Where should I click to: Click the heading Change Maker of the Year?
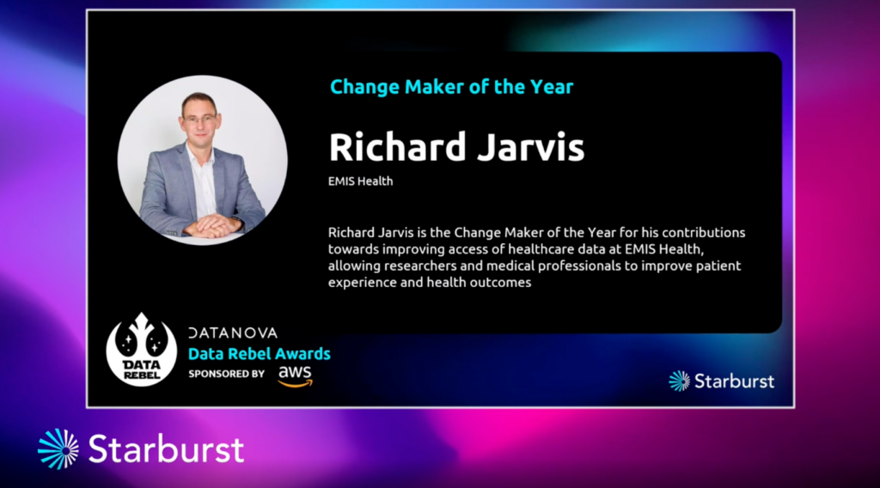pos(452,87)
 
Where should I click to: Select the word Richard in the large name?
pos(397,147)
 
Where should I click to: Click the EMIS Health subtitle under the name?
pos(360,181)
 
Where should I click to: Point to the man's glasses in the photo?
pos(199,119)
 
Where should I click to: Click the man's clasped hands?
pos(211,225)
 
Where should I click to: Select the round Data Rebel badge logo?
pos(142,350)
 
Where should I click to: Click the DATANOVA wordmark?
pos(233,333)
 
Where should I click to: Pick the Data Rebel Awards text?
pos(260,354)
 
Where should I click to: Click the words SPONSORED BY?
pos(226,374)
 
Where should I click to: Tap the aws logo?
pos(296,375)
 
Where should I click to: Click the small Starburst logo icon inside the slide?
pos(679,381)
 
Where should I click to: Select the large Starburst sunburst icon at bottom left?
pos(58,448)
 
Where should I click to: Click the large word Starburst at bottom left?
pos(166,448)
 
